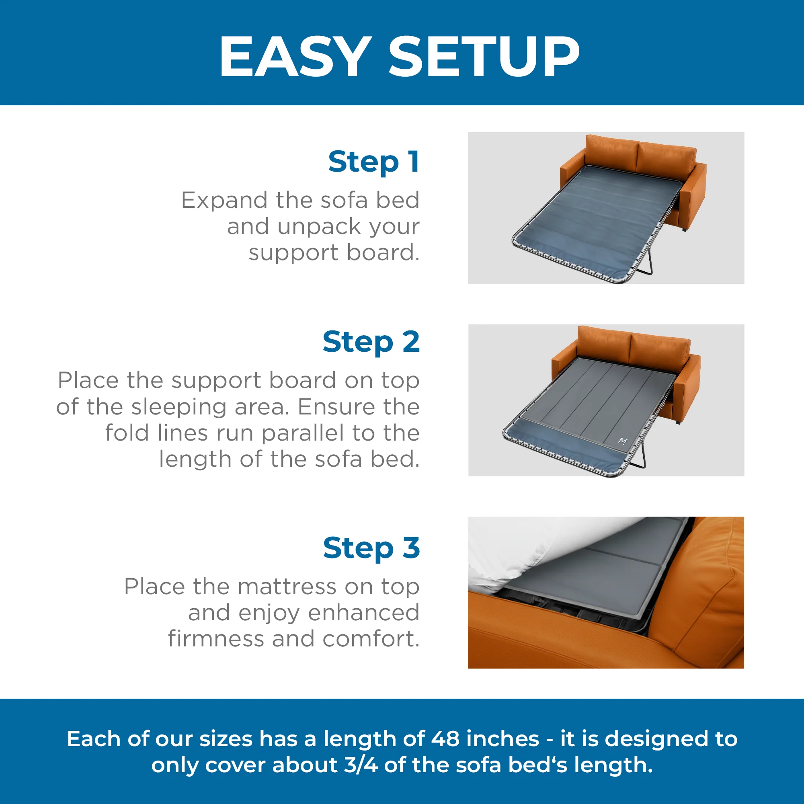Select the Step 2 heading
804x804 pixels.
(x=371, y=342)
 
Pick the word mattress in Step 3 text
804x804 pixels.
(x=288, y=587)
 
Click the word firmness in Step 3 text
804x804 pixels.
(x=215, y=639)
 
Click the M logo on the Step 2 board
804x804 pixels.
(x=623, y=441)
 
